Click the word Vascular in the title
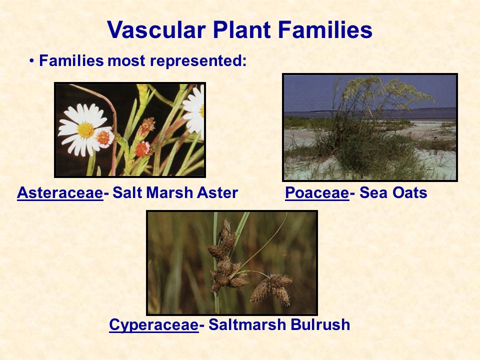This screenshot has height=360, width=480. click(x=156, y=29)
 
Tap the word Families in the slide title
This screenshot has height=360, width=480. click(x=325, y=29)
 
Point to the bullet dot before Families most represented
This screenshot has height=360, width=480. click(x=32, y=61)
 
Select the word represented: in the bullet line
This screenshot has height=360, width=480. click(x=198, y=61)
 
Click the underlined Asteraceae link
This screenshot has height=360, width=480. click(x=60, y=193)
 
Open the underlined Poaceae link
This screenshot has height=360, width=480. click(x=317, y=193)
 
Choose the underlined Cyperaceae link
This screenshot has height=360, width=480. click(x=153, y=325)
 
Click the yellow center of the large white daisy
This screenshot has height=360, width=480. click(x=85, y=130)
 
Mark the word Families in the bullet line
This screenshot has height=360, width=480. click(x=71, y=61)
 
